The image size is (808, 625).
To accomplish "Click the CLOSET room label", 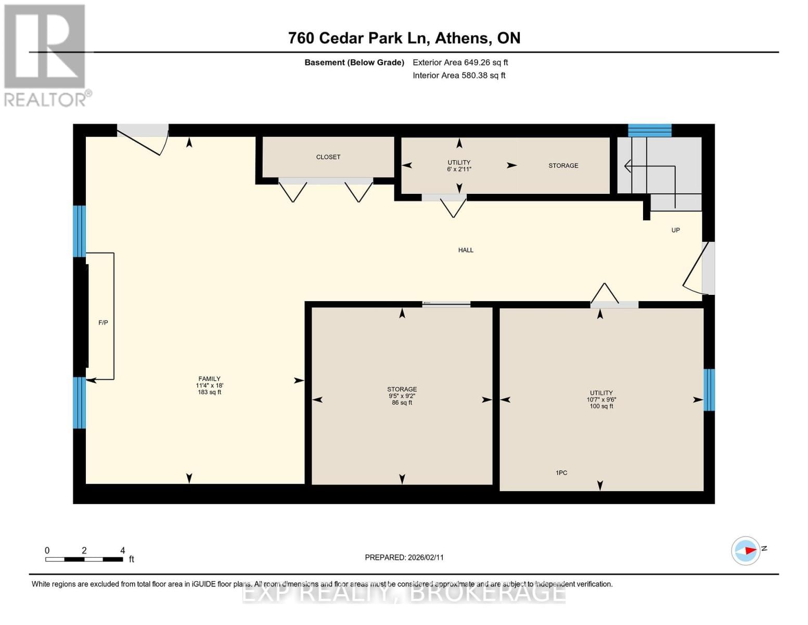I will pos(328,157).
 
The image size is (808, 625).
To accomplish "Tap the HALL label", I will pos(465,250).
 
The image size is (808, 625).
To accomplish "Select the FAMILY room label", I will pos(209,379).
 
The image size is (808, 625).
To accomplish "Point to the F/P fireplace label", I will pos(103,323).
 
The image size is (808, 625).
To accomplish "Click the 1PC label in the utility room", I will pos(561,473).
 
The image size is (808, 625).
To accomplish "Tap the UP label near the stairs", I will pos(675,230).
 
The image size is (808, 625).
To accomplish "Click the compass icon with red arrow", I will pos(746,551).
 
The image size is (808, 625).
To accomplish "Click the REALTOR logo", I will pos(46,55).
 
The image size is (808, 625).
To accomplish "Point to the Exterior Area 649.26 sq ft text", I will pos(460,63).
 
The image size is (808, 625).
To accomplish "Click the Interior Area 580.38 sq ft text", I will pos(459,76).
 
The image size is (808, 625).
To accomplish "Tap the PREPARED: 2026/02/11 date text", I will pos(404,557).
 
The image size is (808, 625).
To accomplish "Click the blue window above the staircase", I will pos(649,130).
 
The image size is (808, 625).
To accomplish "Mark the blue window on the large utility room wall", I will pos(709,390).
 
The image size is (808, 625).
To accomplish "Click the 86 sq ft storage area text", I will pos(402,403).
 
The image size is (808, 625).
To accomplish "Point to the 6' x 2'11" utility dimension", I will pos(459,169).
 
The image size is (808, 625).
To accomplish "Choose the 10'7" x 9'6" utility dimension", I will pos(601,399).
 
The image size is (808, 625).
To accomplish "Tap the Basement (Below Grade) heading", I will pos(354,63).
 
